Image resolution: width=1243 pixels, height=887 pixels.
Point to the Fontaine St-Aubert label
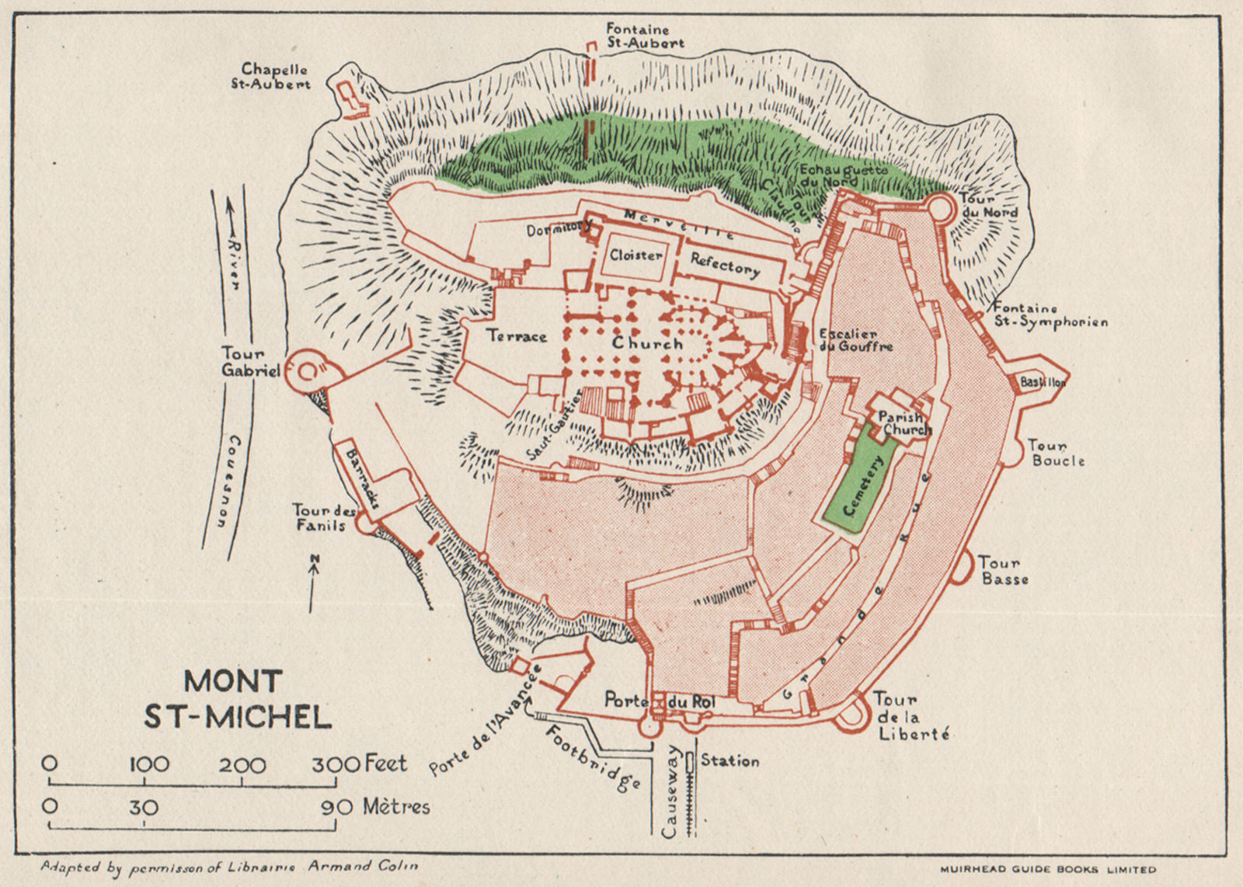(x=645, y=36)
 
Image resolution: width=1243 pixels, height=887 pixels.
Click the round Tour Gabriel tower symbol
(x=307, y=372)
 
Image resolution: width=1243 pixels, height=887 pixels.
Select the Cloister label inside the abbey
(x=635, y=255)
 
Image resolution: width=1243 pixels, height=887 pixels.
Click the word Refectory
(x=725, y=266)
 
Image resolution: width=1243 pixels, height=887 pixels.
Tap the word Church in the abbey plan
(x=647, y=343)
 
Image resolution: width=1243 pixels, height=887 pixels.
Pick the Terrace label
(x=517, y=336)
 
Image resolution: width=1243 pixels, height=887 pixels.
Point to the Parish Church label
(x=904, y=423)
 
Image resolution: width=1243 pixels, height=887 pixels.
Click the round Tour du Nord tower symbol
(x=940, y=207)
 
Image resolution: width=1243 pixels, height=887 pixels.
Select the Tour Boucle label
(x=1055, y=453)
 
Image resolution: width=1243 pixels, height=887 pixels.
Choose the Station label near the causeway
(x=729, y=761)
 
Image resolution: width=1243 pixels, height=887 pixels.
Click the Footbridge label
(x=592, y=757)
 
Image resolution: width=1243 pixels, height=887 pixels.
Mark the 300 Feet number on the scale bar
(x=336, y=764)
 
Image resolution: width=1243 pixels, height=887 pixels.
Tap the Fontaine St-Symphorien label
(x=1049, y=315)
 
